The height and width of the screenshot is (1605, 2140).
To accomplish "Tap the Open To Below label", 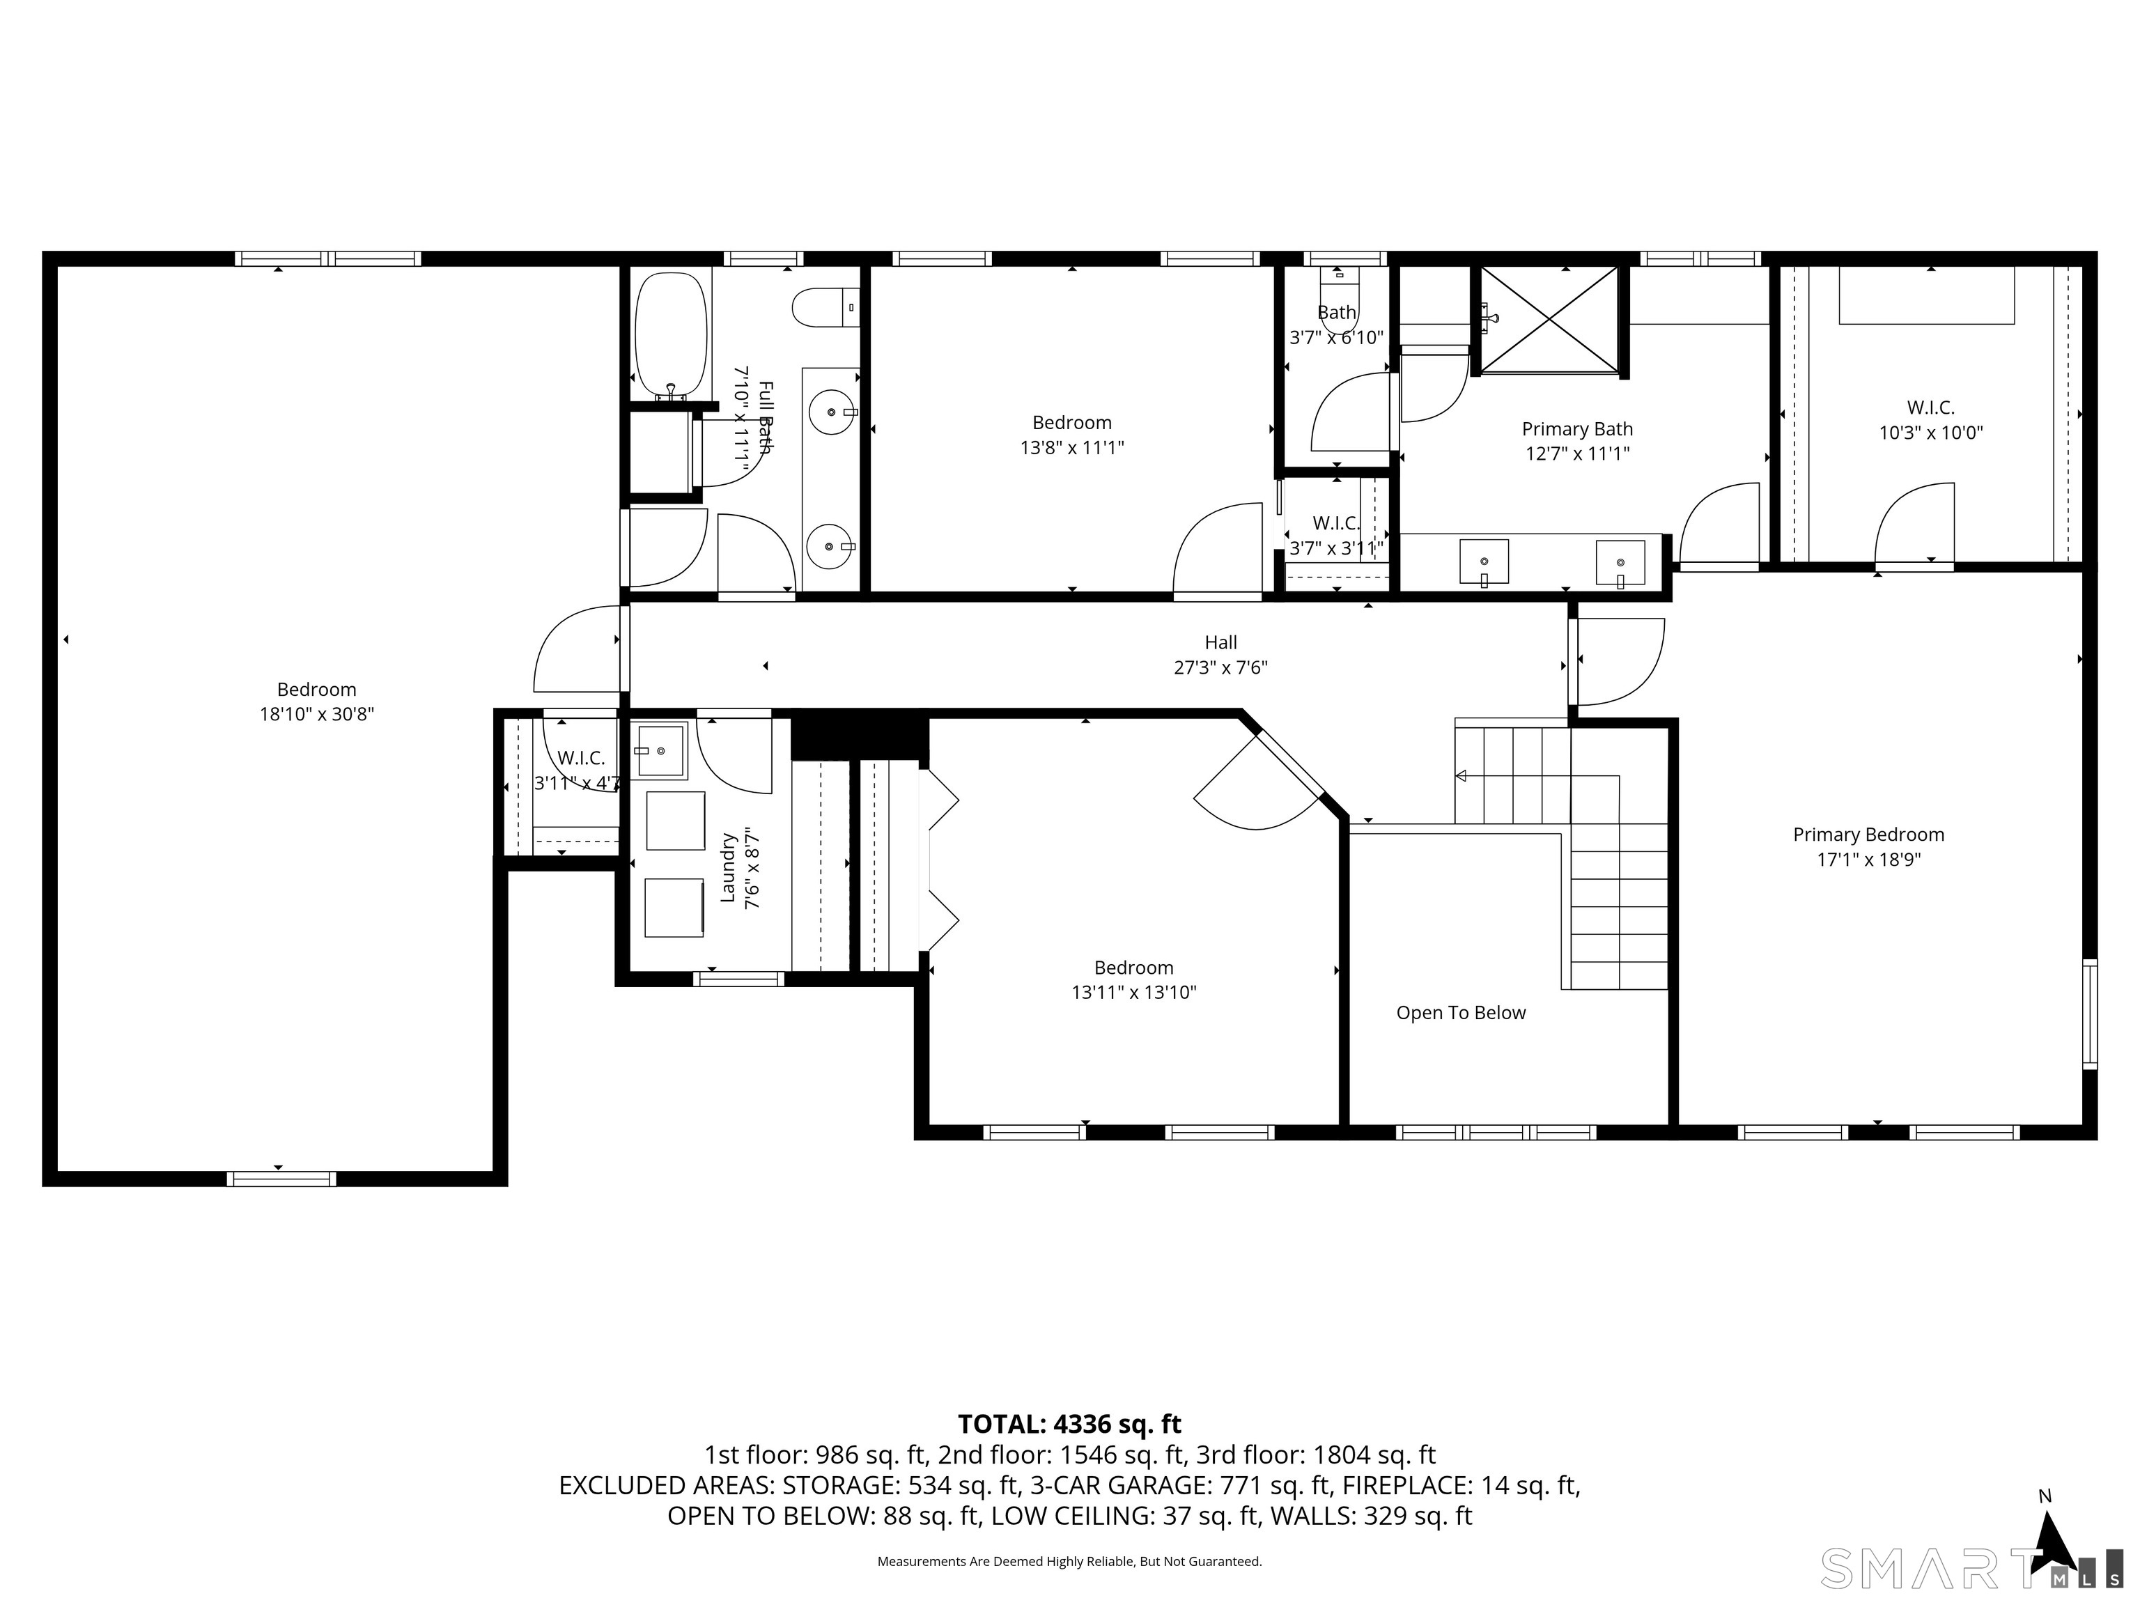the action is [1461, 1013].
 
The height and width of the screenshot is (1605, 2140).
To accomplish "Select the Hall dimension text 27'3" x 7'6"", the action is [1221, 667].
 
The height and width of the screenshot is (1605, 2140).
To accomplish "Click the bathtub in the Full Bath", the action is [672, 336].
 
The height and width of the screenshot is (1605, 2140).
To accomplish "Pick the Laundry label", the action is [729, 868].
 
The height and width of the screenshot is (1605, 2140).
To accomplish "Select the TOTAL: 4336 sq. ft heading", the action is [1069, 1424].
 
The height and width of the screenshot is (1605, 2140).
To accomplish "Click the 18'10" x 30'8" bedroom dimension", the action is [316, 715].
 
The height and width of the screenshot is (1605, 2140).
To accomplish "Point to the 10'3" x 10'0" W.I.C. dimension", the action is [1931, 433].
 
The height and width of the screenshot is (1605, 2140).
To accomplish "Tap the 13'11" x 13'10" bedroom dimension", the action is [1134, 993].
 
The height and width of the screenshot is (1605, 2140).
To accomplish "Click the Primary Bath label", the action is [1577, 428].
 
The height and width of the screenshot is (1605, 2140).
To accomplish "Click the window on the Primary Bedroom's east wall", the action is [2090, 1014].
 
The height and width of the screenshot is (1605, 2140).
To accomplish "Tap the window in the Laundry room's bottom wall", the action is [738, 979].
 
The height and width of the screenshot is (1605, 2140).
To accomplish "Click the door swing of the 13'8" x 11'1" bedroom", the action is [1217, 548].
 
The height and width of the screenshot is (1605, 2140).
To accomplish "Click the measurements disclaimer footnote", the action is [1069, 1562].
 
